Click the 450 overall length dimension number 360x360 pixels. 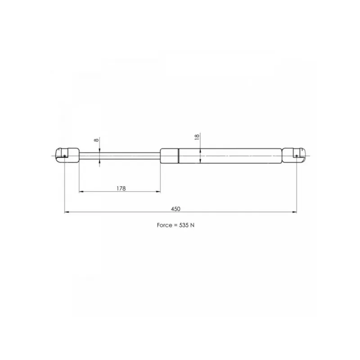point(175,209)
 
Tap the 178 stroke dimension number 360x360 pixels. point(121,189)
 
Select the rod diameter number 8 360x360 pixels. point(96,139)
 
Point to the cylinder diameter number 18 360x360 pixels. point(197,137)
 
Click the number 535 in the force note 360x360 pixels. point(184,225)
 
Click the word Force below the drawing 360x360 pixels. point(164,225)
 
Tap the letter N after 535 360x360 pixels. point(193,225)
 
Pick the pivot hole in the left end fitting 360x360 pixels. point(64,156)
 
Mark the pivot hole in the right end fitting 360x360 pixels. point(297,156)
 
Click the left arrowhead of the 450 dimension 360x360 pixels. point(67,212)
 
